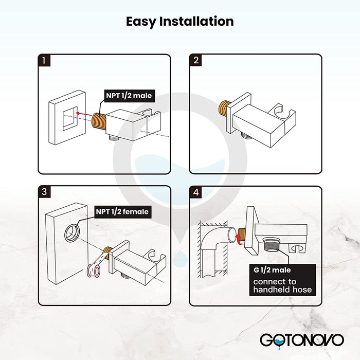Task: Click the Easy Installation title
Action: coord(180,22)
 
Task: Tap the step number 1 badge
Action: coord(44,60)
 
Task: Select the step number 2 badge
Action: coord(195,60)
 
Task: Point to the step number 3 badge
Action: coord(44,191)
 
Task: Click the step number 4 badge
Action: coord(195,192)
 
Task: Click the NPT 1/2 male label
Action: coord(129,96)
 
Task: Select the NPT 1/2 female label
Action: coord(122,212)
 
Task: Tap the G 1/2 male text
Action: coord(272,270)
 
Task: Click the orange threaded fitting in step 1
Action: coord(99,122)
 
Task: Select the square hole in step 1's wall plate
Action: coord(70,118)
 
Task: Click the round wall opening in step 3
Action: coord(73,233)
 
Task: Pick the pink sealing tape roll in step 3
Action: coord(94,271)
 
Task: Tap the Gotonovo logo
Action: coord(302,340)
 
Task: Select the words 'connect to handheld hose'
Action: coord(282,285)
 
